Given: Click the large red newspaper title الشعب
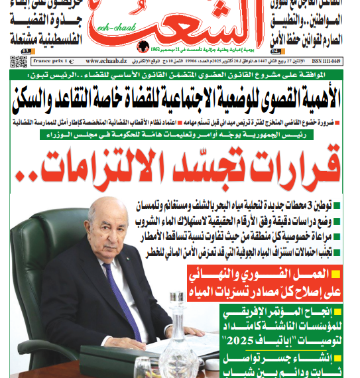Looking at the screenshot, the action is coord(178,23).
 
